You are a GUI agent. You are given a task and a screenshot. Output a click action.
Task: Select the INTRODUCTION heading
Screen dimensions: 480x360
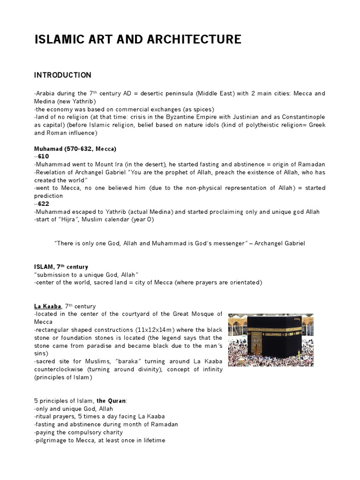[x=63, y=75]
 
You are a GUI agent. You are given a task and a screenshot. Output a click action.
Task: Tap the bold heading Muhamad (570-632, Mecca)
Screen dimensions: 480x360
[x=75, y=149]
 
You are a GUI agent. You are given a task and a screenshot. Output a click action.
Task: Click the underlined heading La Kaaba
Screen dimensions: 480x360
[x=49, y=306]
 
